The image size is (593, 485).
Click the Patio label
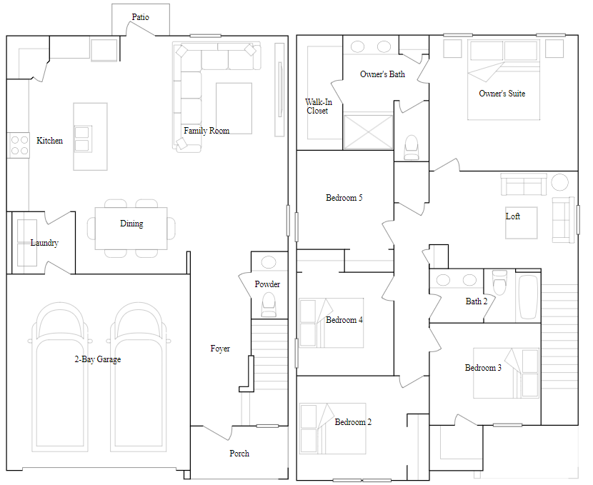(140, 17)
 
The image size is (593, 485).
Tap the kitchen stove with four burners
(19, 145)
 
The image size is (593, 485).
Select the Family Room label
(206, 131)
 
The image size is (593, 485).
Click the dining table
(131, 229)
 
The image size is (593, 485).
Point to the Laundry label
(44, 243)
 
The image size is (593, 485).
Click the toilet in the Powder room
(269, 305)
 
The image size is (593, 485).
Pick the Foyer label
(220, 349)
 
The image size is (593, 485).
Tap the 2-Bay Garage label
(98, 359)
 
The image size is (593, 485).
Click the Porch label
(239, 454)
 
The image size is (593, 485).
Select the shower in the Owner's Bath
(369, 132)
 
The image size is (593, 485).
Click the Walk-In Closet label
(319, 106)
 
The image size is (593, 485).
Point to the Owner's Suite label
(502, 94)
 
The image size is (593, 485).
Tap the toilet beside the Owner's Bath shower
(412, 147)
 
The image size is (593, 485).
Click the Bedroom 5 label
(344, 198)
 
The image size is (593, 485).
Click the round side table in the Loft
(559, 182)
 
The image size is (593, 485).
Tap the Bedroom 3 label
(483, 368)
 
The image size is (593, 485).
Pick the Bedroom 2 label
(353, 422)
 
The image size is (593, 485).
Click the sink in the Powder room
(269, 262)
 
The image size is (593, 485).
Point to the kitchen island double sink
(82, 139)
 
